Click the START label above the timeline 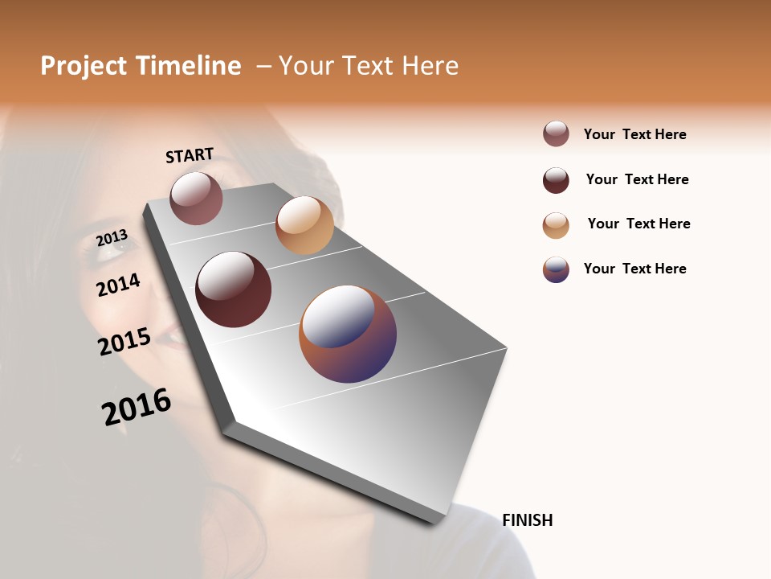click(190, 155)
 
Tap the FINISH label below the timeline click(527, 520)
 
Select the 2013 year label click(112, 238)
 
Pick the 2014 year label click(118, 285)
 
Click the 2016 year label click(137, 407)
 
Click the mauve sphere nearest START click(196, 198)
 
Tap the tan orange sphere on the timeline click(304, 225)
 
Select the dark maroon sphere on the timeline click(234, 289)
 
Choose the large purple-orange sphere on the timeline click(348, 334)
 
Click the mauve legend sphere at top click(556, 134)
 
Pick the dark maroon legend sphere click(556, 180)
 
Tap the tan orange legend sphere click(556, 225)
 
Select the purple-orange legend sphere click(556, 269)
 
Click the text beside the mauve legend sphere click(634, 134)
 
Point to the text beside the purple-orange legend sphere click(634, 269)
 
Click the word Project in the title click(84, 66)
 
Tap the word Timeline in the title click(189, 66)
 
